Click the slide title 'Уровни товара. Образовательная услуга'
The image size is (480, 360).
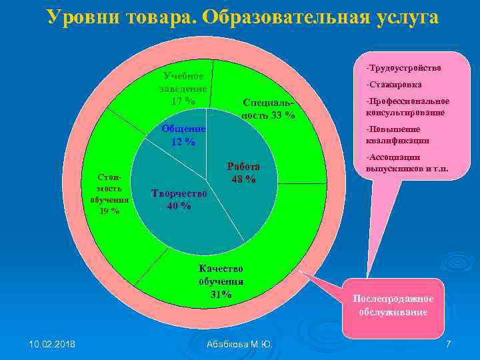click(243, 17)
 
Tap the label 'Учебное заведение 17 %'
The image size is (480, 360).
click(183, 89)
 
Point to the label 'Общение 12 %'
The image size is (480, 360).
click(183, 135)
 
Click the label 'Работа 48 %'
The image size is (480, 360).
click(243, 173)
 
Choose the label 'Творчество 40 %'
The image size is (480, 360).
click(179, 199)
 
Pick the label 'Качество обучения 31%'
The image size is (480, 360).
click(221, 281)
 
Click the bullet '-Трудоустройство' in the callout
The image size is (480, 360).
click(403, 68)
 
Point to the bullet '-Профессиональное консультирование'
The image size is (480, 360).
click(407, 107)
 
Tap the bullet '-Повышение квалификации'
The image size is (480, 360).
click(397, 135)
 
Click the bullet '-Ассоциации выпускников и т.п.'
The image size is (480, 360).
click(407, 163)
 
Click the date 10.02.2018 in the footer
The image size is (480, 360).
click(52, 343)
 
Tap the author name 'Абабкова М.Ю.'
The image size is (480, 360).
click(239, 344)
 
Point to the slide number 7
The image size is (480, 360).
click(448, 343)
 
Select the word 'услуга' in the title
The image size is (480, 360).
click(407, 17)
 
